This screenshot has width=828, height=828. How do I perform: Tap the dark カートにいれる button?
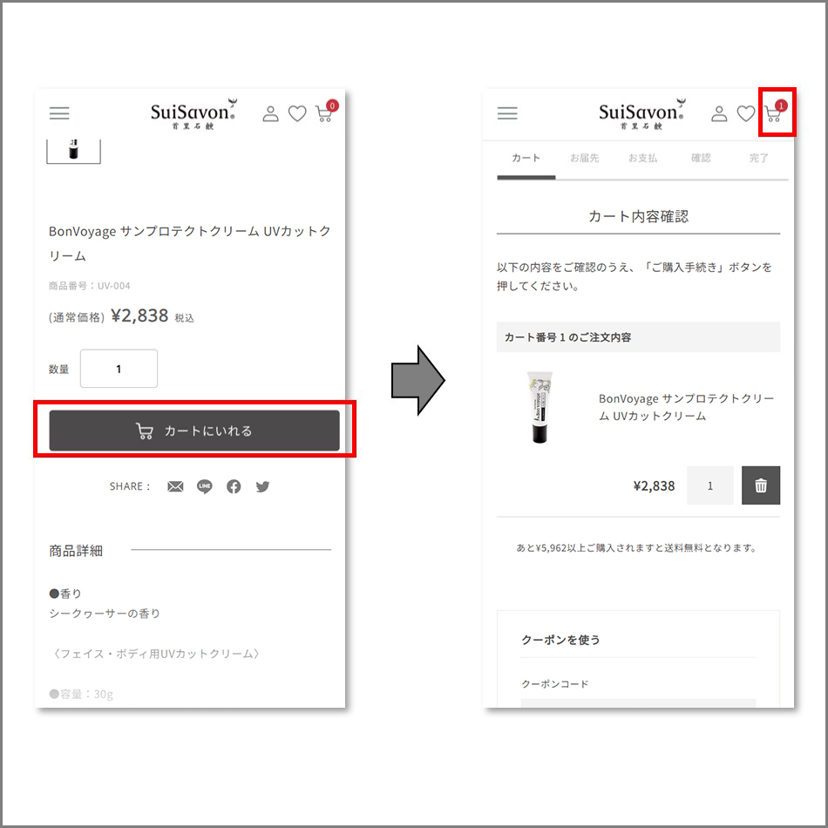click(194, 431)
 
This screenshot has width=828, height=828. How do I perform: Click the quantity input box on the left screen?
click(119, 369)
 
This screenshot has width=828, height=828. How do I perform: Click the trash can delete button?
click(760, 485)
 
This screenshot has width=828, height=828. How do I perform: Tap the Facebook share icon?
click(234, 486)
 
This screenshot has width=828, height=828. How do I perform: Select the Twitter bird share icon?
click(262, 486)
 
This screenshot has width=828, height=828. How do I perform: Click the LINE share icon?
click(204, 486)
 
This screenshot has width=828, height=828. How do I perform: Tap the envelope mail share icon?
click(175, 486)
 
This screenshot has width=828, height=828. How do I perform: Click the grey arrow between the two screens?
click(418, 380)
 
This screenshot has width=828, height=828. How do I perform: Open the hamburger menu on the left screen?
click(59, 113)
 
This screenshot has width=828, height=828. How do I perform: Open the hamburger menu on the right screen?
click(507, 113)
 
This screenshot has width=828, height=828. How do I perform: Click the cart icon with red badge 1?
click(775, 111)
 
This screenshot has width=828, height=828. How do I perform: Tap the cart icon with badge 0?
click(326, 111)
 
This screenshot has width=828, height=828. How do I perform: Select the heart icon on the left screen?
click(297, 113)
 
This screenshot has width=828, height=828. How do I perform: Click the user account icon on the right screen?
click(719, 113)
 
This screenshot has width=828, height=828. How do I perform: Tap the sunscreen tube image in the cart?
click(540, 407)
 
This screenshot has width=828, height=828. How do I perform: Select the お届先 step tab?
click(584, 158)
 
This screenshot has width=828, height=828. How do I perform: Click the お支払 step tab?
click(642, 158)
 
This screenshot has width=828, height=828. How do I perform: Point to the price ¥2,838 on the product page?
click(139, 316)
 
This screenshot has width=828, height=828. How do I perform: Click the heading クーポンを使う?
click(560, 640)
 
